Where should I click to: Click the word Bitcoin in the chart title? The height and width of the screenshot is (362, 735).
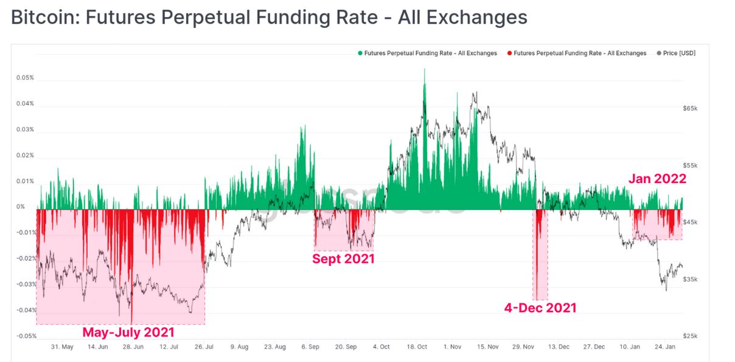(x=43, y=17)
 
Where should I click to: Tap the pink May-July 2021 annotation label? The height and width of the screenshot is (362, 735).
(x=128, y=332)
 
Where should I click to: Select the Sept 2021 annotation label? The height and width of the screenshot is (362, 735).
(x=343, y=259)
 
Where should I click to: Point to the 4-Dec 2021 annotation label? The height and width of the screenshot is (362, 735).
(x=540, y=307)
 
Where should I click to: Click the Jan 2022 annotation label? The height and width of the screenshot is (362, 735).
(x=657, y=179)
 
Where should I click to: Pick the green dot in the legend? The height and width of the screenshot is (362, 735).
(x=360, y=54)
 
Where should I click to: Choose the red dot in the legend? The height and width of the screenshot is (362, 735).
(x=509, y=54)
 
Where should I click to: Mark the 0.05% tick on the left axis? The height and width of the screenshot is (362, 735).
(x=25, y=78)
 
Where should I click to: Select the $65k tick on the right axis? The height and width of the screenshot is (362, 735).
(x=690, y=108)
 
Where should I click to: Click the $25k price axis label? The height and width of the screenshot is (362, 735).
(x=690, y=336)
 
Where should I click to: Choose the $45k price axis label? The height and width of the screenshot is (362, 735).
(x=690, y=222)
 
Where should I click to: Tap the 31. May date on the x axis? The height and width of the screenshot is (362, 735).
(x=62, y=347)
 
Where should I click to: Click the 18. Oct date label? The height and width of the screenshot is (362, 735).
(x=417, y=347)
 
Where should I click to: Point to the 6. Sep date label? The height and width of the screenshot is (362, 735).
(x=310, y=347)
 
